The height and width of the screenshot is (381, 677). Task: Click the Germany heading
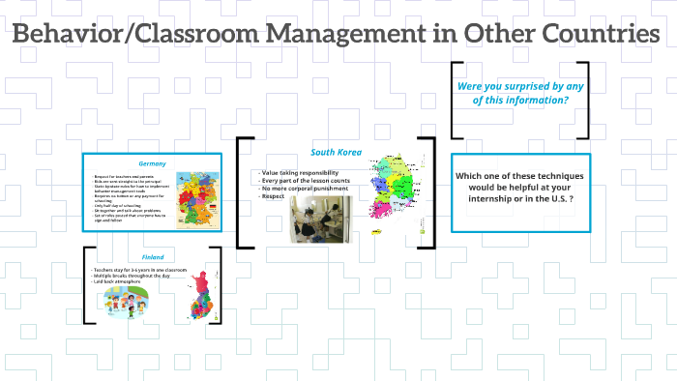click(153, 162)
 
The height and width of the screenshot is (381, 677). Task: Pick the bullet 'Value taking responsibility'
click(301, 171)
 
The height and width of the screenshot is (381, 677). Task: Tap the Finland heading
click(152, 257)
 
